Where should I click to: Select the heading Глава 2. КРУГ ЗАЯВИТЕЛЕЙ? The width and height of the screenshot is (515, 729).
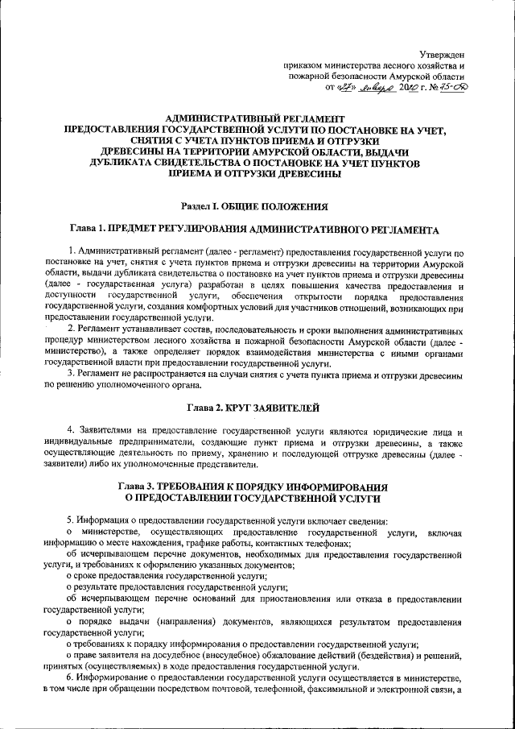click(254, 408)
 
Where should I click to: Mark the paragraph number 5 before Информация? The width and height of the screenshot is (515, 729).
click(70, 521)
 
